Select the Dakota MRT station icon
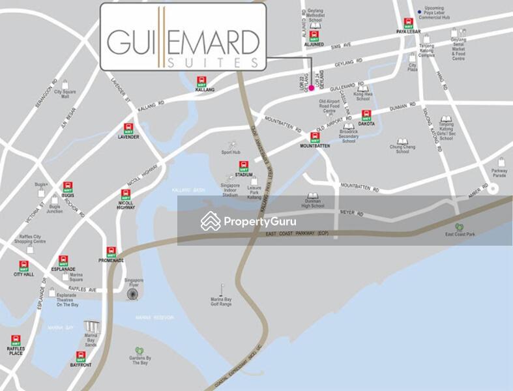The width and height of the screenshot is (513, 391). [366, 115]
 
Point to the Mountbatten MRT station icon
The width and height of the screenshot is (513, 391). [315, 137]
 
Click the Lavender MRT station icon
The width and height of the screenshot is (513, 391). [128, 128]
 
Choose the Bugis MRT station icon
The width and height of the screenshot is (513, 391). [68, 186]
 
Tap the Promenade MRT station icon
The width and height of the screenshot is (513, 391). [111, 251]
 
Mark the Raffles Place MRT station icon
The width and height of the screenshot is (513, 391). [16, 340]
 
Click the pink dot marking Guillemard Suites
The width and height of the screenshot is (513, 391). [311, 87]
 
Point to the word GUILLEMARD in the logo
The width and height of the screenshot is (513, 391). [183, 42]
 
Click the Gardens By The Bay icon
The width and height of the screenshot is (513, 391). [139, 351]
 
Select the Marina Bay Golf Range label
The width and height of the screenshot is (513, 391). [221, 302]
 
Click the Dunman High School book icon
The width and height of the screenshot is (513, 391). [313, 197]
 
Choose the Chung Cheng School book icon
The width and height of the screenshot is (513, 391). [403, 142]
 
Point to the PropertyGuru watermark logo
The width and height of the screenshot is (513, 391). [247, 221]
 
